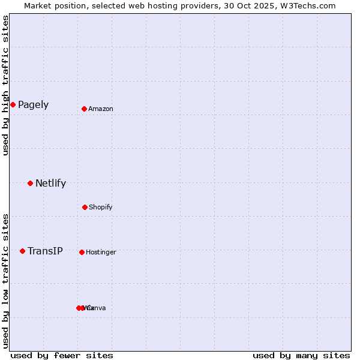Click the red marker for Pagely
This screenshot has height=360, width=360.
[x=13, y=105]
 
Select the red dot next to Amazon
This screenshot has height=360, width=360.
[x=85, y=109]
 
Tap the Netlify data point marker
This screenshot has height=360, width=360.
[x=30, y=183]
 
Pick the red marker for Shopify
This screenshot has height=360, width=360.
[x=85, y=207]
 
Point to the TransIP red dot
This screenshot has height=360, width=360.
[x=22, y=251]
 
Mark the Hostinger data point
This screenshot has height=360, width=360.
[x=82, y=252]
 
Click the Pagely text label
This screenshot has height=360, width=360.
[x=33, y=105]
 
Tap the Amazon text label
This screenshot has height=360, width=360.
[x=101, y=109]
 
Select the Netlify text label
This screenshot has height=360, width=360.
[x=50, y=184]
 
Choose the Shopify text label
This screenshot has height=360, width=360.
[x=101, y=208]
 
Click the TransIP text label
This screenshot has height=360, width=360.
[x=45, y=251]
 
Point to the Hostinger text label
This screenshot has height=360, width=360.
[x=101, y=253]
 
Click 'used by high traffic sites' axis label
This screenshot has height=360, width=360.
[x=5, y=85]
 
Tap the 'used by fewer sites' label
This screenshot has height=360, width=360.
[x=62, y=356]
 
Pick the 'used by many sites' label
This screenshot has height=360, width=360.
[x=301, y=356]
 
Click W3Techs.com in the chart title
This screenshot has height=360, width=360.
[x=306, y=5]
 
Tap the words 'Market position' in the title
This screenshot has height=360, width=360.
[x=55, y=5]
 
